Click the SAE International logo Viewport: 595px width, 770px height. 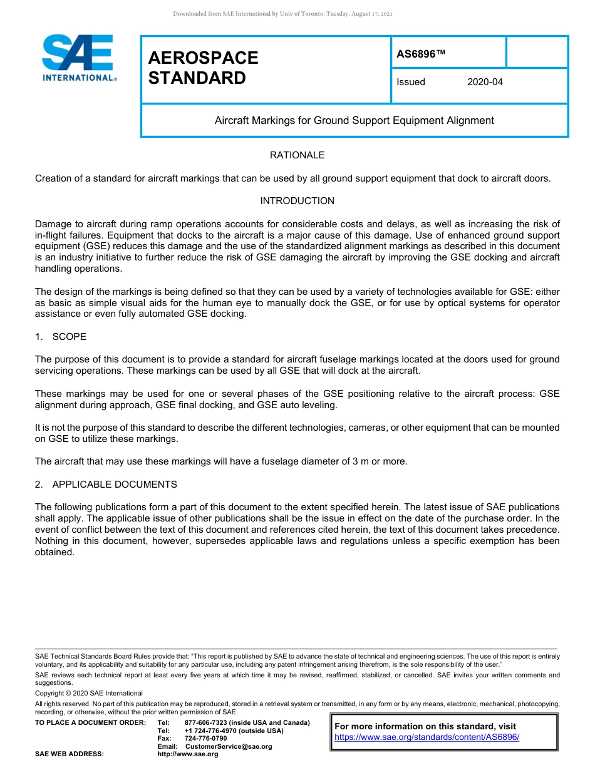(x=78, y=58)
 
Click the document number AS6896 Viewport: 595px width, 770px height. (x=421, y=54)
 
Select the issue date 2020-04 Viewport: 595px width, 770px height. (x=485, y=82)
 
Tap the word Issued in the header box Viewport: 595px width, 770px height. (x=411, y=82)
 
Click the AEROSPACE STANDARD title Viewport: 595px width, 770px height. (x=203, y=68)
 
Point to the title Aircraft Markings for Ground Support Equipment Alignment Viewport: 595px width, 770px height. (x=354, y=120)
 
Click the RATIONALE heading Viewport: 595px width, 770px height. (x=297, y=155)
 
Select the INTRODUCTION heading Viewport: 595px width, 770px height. (x=297, y=201)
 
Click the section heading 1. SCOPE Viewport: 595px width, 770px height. (x=61, y=337)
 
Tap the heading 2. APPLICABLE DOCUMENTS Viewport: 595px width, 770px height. (x=106, y=485)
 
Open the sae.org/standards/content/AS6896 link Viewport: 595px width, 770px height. (x=427, y=737)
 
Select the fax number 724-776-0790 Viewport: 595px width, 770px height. (x=205, y=739)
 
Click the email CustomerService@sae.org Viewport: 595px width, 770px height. (x=229, y=746)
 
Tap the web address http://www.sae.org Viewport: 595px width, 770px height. (x=188, y=754)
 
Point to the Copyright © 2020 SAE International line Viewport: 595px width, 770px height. (x=89, y=693)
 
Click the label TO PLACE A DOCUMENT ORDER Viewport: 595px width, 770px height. (x=90, y=723)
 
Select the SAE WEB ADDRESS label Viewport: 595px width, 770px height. (x=70, y=754)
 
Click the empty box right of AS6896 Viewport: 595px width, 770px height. (x=536, y=52)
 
